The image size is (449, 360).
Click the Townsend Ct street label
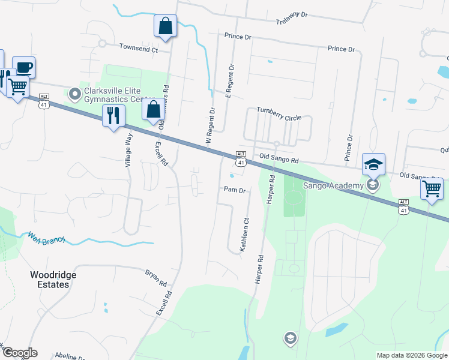[138, 47]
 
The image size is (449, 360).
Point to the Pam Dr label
[235, 190]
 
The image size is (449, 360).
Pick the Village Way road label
[128, 149]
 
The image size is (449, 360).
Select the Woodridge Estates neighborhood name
[50, 280]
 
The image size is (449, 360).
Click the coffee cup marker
[23, 67]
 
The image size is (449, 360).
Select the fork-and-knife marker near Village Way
[113, 115]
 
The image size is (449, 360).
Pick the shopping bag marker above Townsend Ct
[166, 26]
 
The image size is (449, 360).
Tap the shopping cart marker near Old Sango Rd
[432, 190]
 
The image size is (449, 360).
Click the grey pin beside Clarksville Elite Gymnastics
[75, 94]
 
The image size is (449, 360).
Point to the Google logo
[20, 353]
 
